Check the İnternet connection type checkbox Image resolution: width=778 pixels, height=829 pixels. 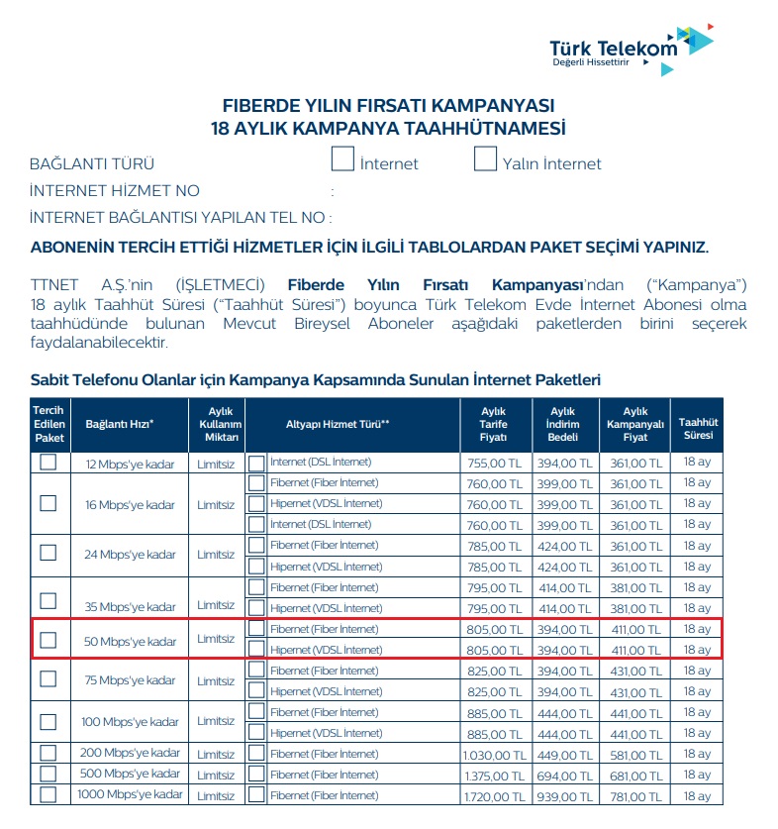pos(342,159)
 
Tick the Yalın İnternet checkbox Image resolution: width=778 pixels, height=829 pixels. pos(485,159)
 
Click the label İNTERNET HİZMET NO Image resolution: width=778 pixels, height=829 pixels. pos(114,190)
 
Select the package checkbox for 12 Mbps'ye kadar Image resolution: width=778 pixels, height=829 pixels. pos(49,463)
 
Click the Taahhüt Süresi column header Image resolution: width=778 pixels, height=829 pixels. pos(697,427)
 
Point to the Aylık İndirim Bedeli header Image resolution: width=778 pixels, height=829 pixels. pos(562,424)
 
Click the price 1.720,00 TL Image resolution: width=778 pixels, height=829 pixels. pos(493,796)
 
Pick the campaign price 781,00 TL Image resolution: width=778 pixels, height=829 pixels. pos(634,796)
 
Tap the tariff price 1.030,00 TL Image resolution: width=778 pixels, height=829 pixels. pos(493,755)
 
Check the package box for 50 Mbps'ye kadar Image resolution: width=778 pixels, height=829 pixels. pos(49,640)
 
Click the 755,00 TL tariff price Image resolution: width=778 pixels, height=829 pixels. pos(493,463)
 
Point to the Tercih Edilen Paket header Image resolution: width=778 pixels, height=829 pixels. pos(49,424)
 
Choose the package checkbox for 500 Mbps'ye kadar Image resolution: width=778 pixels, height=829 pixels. pos(49,774)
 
